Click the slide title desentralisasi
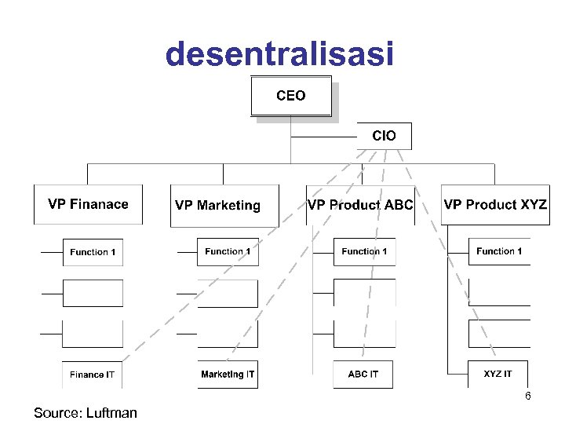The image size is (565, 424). point(279,54)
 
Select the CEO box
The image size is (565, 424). point(291,96)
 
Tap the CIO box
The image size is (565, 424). point(384,136)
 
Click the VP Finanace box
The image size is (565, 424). point(88,205)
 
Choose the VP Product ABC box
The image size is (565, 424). point(360,205)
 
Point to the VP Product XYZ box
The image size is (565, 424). point(495,205)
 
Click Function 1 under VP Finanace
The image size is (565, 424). point(93,252)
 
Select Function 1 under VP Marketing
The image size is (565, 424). point(228,252)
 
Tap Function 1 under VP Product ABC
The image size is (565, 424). point(364,252)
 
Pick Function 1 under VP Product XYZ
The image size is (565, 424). point(499,252)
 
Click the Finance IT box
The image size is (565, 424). point(93,375)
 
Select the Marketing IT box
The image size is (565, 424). point(228,375)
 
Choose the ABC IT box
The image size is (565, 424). point(363,375)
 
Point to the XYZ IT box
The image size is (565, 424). point(498,375)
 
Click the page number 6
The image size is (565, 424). point(528,397)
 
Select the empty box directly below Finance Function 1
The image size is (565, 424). point(93,293)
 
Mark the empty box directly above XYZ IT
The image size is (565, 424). point(499,334)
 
